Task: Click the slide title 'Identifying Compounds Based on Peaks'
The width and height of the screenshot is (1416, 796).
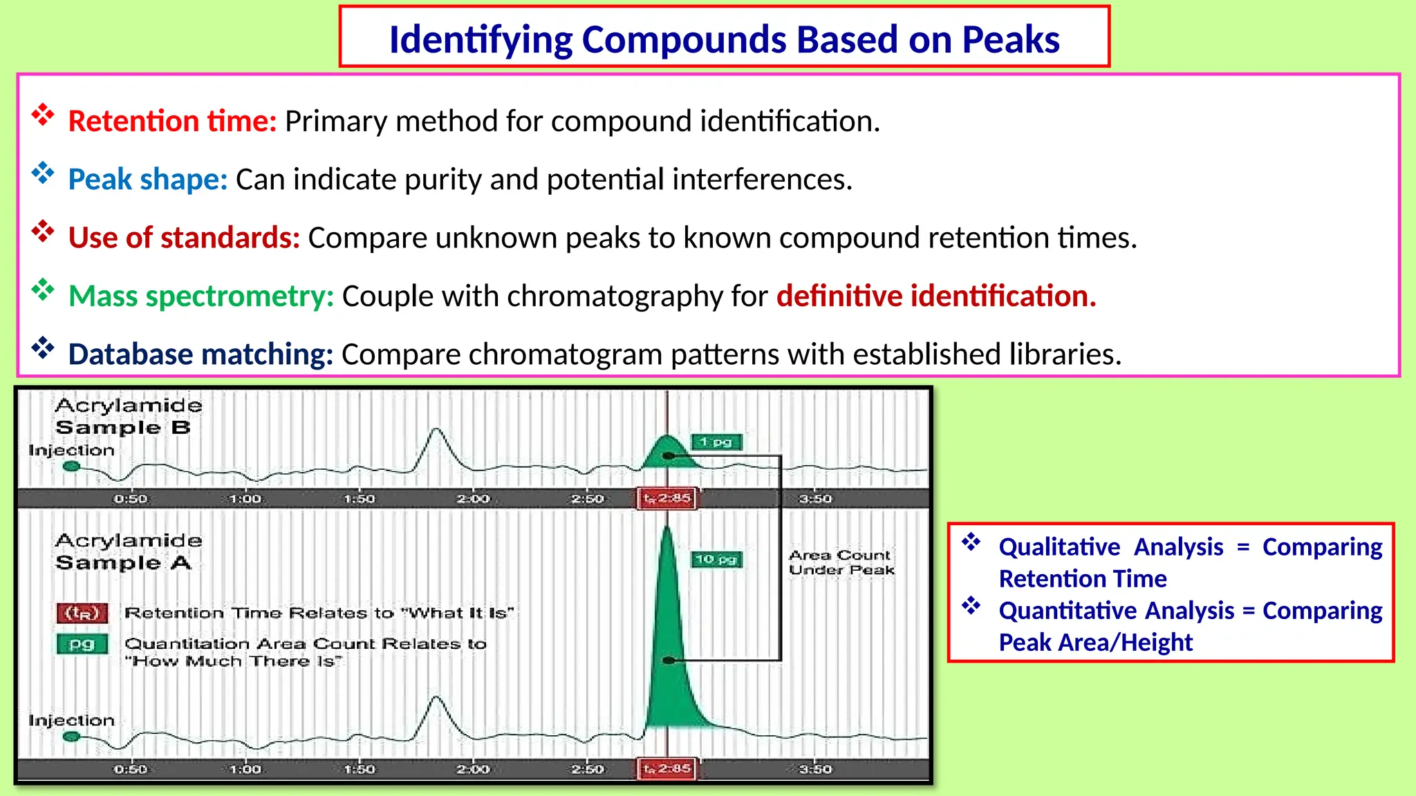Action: [724, 39]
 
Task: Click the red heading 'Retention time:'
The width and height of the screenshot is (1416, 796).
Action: [172, 122]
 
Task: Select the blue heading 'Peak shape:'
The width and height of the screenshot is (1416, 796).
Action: [147, 180]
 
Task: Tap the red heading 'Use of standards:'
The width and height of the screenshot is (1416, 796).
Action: [184, 238]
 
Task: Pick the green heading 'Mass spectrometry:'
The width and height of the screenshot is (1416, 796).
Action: [201, 296]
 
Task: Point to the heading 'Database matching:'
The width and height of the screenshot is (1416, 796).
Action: [201, 354]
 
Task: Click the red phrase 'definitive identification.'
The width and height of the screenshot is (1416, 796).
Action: [936, 296]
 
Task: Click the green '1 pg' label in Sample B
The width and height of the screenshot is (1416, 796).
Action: [716, 442]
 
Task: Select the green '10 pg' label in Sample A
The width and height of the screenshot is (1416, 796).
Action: [717, 559]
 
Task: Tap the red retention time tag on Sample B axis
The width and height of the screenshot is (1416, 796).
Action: [667, 498]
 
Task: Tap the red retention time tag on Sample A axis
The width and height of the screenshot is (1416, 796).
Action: [667, 768]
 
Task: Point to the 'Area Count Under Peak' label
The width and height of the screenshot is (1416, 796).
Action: [841, 562]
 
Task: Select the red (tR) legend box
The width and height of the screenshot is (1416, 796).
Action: [82, 613]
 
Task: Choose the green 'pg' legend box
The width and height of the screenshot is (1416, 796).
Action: [82, 644]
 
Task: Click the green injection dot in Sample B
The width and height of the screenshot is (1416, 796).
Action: [71, 466]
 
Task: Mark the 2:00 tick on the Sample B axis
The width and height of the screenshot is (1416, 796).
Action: [474, 499]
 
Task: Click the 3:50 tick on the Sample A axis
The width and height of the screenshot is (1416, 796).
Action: [816, 769]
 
